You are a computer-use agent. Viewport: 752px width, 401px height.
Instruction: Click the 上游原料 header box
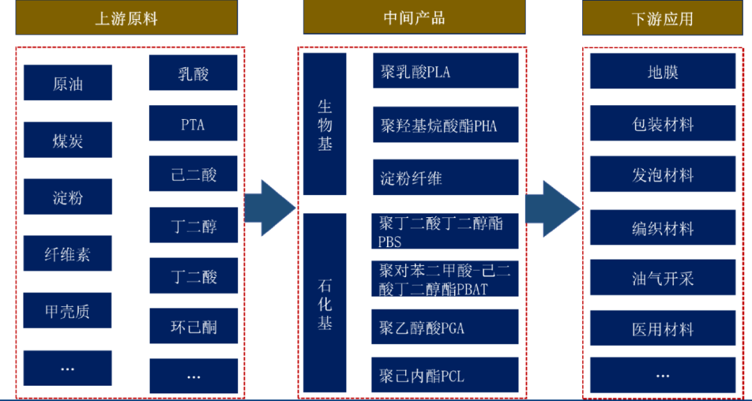click(126, 17)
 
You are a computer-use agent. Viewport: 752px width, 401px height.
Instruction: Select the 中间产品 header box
click(414, 17)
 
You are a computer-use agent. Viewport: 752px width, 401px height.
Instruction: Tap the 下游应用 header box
click(662, 17)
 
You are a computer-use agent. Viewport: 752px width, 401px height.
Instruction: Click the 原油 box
click(68, 84)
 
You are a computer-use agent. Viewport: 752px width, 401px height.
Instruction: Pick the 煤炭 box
click(68, 141)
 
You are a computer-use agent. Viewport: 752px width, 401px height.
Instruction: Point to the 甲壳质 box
click(68, 311)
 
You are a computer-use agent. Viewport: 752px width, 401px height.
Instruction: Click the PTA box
click(193, 125)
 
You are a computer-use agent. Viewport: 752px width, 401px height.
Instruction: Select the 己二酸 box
click(193, 175)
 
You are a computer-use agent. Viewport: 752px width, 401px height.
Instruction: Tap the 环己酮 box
click(193, 326)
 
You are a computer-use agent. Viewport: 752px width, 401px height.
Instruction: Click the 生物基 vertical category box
click(324, 125)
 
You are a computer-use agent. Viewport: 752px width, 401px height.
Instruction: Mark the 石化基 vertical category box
click(324, 305)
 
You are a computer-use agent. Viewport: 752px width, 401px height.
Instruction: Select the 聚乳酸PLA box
click(446, 71)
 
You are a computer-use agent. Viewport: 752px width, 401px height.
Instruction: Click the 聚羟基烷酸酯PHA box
click(446, 126)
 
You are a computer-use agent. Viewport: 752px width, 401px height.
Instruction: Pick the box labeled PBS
click(446, 231)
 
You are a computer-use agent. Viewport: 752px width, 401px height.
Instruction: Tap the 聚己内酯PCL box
click(446, 377)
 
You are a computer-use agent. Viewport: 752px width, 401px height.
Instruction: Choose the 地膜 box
click(662, 72)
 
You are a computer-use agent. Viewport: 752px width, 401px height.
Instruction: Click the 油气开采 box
click(662, 278)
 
